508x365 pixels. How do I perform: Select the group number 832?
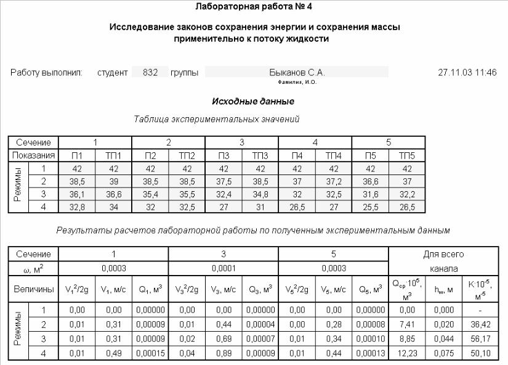pos(150,72)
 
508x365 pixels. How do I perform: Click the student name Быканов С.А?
pos(297,72)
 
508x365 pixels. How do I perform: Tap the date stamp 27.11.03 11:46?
pos(467,72)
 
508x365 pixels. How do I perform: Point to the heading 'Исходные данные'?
pos(253,101)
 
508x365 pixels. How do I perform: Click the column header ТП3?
pos(260,155)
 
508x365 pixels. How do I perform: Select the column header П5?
pos(370,155)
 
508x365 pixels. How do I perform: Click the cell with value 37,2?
pos(334,182)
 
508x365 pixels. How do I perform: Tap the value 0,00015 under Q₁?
pos(150,354)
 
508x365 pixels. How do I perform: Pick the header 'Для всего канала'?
pos(443,261)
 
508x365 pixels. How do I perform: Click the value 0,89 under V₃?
pos(224,354)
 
